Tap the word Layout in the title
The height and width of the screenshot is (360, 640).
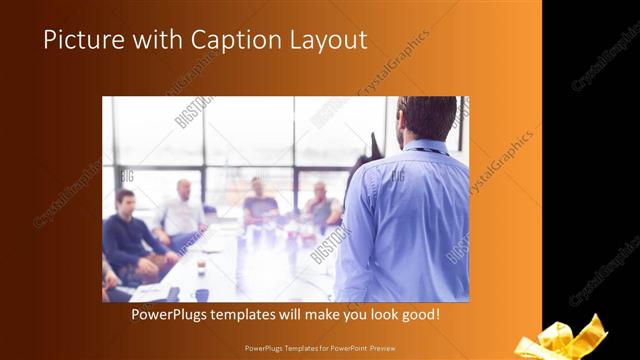point(328,40)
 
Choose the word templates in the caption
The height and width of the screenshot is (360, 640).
point(260,314)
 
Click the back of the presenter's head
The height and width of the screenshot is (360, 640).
point(419,117)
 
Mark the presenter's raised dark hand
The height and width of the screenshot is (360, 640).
point(373,145)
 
